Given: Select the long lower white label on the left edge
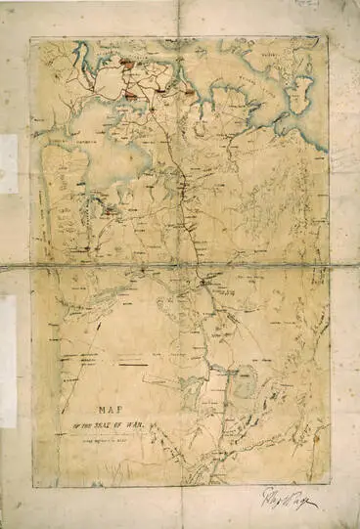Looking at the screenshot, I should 8,362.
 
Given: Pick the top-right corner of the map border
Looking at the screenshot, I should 328,39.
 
